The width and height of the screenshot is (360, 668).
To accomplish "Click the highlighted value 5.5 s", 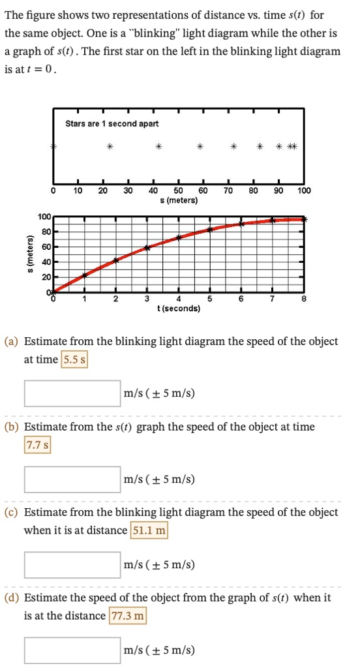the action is pyautogui.click(x=74, y=359).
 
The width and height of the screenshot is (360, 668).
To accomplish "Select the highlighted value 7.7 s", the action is pyautogui.click(x=37, y=446).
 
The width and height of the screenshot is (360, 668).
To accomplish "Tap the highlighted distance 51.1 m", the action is pyautogui.click(x=149, y=531).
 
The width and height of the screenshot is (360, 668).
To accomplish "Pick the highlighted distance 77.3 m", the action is pyautogui.click(x=127, y=616).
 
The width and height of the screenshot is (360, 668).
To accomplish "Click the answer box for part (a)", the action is pyautogui.click(x=72, y=393).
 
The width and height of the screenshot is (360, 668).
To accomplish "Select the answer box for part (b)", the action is pyautogui.click(x=72, y=479).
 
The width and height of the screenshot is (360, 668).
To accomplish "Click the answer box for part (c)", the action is pyautogui.click(x=72, y=565).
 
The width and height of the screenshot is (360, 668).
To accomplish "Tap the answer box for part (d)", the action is pyautogui.click(x=72, y=650).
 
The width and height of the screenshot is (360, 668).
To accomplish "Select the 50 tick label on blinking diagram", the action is pyautogui.click(x=178, y=191).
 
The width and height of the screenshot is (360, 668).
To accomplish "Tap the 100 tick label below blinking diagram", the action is pyautogui.click(x=304, y=191).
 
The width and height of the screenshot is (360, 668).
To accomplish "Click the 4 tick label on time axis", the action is pyautogui.click(x=179, y=299).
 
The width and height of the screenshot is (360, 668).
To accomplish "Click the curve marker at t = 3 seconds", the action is pyautogui.click(x=147, y=247).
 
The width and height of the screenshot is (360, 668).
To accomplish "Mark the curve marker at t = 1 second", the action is pyautogui.click(x=84, y=276).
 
